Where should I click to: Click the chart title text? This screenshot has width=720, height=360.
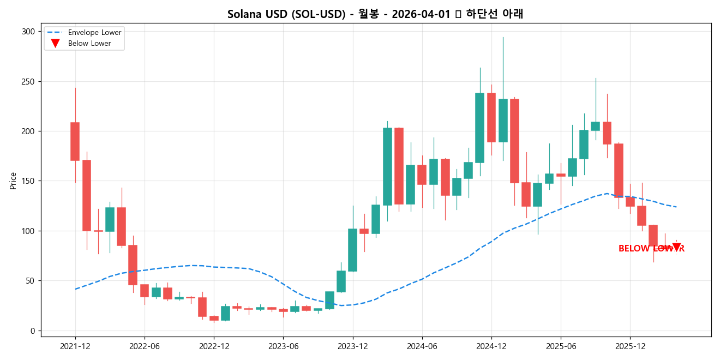375,14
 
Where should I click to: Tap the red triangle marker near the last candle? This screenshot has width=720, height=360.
676,247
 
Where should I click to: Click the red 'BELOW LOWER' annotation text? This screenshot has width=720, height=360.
651,249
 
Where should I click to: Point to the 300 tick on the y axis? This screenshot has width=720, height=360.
28,32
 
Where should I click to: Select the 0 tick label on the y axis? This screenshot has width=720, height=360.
32,331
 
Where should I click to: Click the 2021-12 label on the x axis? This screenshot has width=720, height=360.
75,346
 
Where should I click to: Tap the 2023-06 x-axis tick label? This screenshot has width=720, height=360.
284,346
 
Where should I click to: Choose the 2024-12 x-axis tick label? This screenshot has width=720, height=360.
491,346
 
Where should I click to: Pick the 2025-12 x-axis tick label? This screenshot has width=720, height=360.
630,346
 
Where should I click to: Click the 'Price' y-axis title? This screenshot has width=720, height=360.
13,181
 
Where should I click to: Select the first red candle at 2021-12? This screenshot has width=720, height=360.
75,141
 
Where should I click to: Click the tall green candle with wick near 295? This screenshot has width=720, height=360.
503,121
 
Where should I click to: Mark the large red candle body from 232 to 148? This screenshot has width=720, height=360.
514,141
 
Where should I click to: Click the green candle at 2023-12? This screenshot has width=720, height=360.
353,250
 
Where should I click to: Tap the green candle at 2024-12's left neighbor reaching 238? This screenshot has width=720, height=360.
480,128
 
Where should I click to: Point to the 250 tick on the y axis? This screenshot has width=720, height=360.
28,82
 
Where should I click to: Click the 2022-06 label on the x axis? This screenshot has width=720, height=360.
145,346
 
